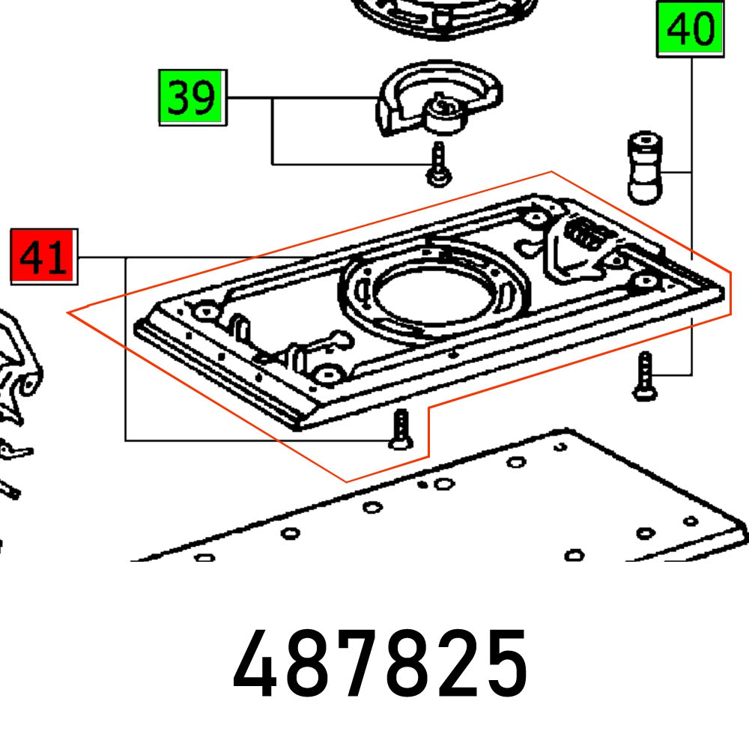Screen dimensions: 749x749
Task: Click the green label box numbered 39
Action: point(192,97)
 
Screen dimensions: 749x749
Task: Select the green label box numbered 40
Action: point(691,29)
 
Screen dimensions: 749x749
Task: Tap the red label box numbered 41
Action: point(43,257)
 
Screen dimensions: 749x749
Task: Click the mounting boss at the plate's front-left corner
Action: point(204,309)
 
